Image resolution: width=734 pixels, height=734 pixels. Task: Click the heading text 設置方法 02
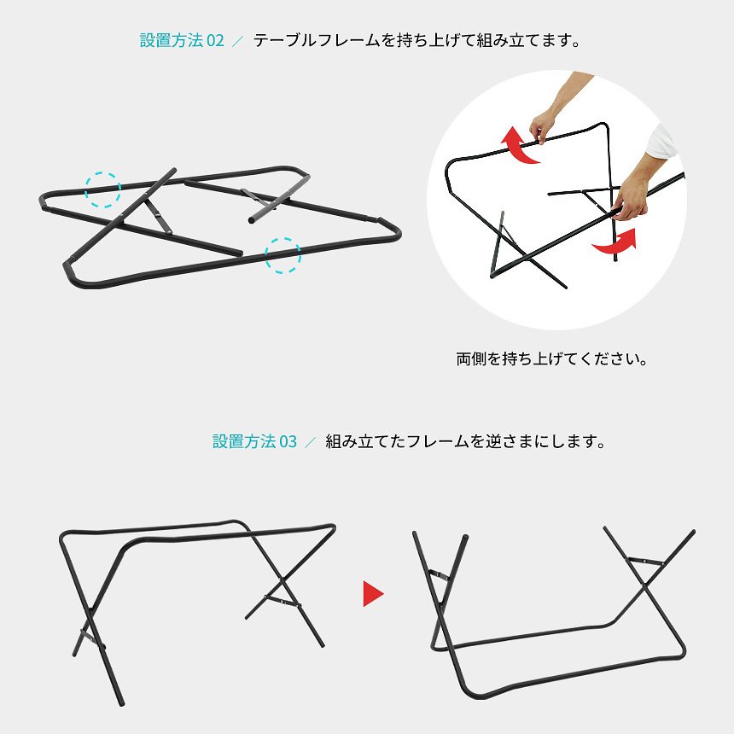[182, 40]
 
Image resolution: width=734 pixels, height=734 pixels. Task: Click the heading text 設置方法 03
[254, 441]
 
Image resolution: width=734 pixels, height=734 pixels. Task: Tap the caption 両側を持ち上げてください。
[552, 359]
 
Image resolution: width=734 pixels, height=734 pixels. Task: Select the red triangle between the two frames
[373, 593]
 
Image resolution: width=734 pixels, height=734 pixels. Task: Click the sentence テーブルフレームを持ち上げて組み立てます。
[417, 40]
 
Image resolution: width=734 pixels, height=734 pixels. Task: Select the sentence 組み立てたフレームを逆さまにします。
[466, 441]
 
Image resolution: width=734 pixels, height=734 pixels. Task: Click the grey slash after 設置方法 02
[238, 41]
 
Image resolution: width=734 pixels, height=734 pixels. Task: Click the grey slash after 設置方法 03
[311, 442]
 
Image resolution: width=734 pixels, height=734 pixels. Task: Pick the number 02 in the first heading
[215, 41]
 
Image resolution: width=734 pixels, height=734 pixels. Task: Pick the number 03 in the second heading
[288, 441]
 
